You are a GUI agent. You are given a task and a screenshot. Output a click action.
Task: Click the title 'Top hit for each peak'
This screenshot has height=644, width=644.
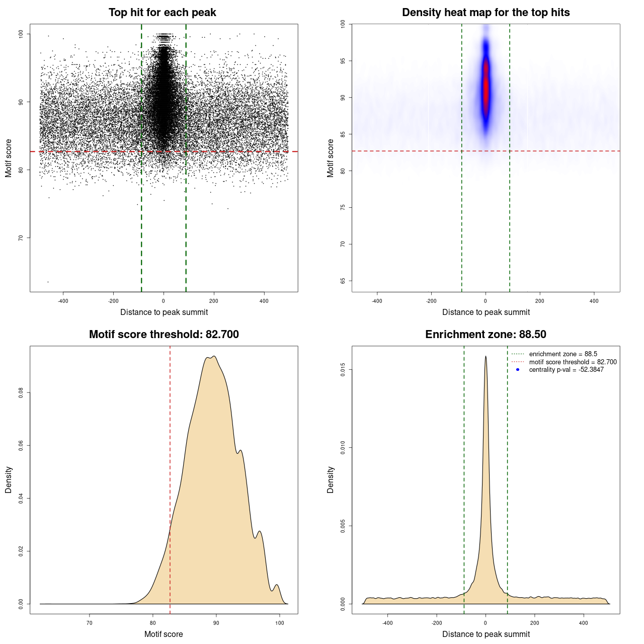pos(162,13)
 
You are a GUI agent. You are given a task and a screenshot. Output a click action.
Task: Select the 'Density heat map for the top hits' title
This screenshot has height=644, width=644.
pos(486,13)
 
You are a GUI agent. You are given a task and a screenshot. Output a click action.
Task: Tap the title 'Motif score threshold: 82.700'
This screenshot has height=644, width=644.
pos(164,335)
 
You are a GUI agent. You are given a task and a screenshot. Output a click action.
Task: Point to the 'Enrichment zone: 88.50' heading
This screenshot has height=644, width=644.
pos(486,335)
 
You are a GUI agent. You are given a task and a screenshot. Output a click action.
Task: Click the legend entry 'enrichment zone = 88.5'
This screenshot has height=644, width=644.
pos(563,354)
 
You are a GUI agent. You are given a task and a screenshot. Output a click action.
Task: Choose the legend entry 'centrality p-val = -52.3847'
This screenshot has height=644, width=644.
pos(566,370)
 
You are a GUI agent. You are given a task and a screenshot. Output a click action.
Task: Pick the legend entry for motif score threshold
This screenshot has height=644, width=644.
pos(573,362)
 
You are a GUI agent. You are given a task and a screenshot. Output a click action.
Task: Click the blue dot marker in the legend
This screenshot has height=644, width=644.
pos(518,370)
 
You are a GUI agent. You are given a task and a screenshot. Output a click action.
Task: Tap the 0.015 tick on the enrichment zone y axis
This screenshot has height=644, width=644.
pos(343,370)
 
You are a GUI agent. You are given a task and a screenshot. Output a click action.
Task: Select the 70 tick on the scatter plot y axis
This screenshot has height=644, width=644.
pos(21,238)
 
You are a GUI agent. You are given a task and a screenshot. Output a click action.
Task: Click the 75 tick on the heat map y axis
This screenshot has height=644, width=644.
pos(343,207)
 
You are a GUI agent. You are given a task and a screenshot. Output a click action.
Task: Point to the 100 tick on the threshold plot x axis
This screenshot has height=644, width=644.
pos(279,623)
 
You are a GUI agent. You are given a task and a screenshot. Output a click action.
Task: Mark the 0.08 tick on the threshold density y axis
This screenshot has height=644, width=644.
pos(21,392)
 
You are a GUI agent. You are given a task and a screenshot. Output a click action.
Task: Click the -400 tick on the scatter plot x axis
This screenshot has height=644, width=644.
pos(63,301)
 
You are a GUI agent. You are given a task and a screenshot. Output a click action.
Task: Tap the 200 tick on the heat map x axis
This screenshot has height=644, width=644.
pos(540,301)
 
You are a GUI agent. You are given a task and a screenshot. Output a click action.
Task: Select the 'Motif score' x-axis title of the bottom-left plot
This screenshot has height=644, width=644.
pos(164,634)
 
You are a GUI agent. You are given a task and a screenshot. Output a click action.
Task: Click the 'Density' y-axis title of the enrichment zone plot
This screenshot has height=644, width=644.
pos(331,479)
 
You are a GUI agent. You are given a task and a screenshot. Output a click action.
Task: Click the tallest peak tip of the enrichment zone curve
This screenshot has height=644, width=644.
pos(486,356)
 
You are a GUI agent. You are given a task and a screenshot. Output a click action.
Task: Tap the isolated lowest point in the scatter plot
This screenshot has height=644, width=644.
pos(48,282)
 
